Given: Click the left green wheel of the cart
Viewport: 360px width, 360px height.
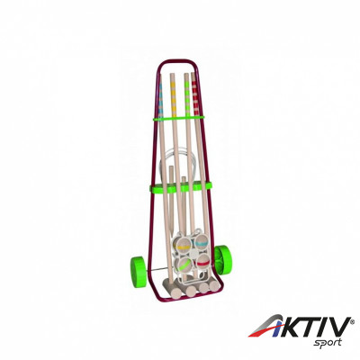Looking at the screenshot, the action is pos(138,268).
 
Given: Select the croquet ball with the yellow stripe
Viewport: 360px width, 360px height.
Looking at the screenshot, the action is pos(182,247).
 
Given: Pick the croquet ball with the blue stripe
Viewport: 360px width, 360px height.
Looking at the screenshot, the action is pos(202,243).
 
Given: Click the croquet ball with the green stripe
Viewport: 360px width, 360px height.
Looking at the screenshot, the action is pos(184,264).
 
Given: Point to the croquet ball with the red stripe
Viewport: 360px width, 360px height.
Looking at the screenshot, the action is pos(202,262).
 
